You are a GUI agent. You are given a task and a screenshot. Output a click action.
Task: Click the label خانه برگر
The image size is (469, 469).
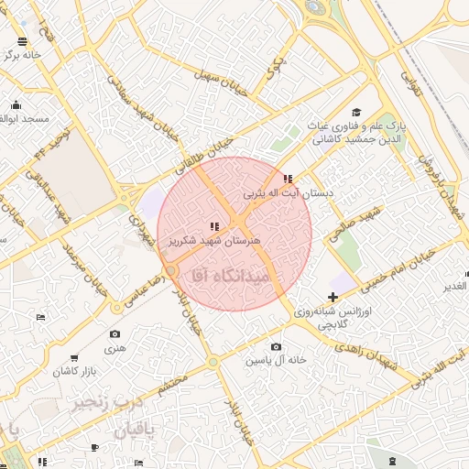coord(20,56)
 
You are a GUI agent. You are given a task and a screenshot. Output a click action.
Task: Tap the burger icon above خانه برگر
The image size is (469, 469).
coord(21,42)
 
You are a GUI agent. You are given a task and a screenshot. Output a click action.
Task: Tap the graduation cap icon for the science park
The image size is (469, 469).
coord(355,112)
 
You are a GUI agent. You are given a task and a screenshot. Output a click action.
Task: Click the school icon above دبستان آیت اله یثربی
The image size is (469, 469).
coord(288,180)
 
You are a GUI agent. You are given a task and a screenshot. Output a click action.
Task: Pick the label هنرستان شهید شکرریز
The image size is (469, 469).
coord(214,240)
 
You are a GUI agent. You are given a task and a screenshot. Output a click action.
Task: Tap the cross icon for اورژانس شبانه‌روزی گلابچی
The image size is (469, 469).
coord(332,297)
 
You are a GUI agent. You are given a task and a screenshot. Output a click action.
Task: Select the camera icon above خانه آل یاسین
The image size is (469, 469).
coord(276,346)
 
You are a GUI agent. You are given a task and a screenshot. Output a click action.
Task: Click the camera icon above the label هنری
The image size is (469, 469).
coord(115,334)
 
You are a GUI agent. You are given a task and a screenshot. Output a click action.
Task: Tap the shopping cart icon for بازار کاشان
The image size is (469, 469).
coord(73,358)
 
